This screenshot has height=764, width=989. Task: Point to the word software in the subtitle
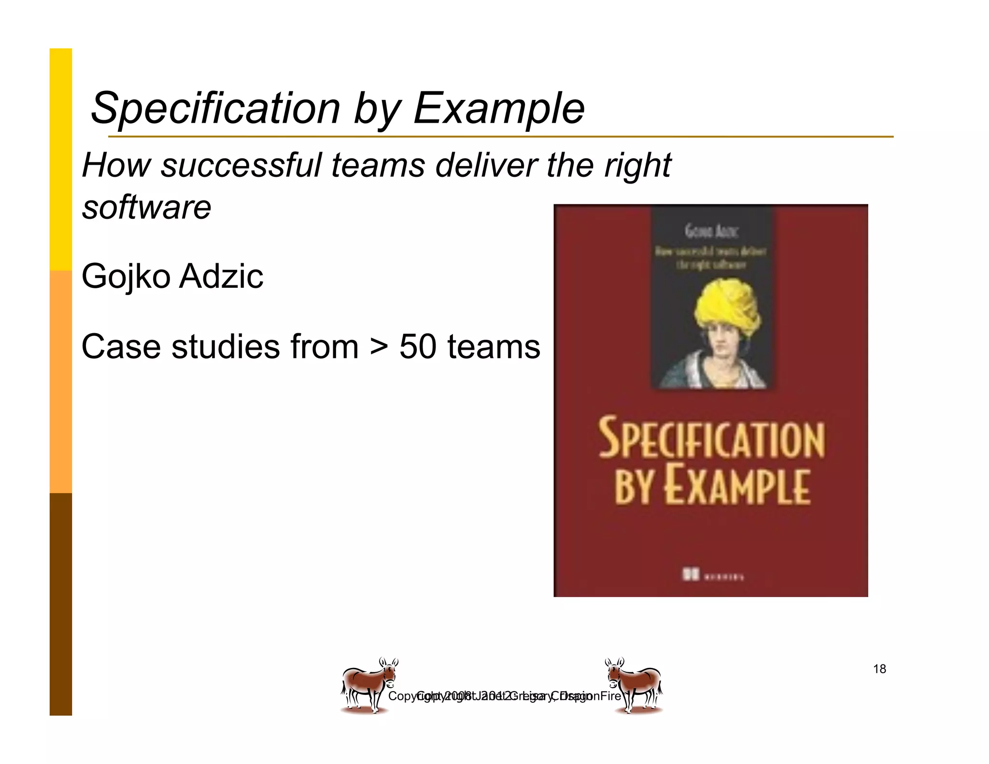[146, 207]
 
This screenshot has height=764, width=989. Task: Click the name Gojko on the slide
[126, 276]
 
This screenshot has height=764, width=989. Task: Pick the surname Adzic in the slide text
[222, 276]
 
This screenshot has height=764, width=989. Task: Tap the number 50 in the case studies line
[419, 347]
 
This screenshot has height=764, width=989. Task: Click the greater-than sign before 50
[380, 347]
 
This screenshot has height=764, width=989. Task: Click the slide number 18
[879, 669]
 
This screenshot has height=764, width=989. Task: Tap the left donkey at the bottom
[368, 685]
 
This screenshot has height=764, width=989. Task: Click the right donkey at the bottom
[634, 685]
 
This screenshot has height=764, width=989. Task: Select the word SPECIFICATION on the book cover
[711, 438]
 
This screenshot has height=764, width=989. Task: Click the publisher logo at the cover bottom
[712, 575]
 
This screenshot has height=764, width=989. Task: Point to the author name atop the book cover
[711, 232]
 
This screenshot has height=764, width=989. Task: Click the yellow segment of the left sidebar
[61, 159]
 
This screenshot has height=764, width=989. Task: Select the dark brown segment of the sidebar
[61, 604]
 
